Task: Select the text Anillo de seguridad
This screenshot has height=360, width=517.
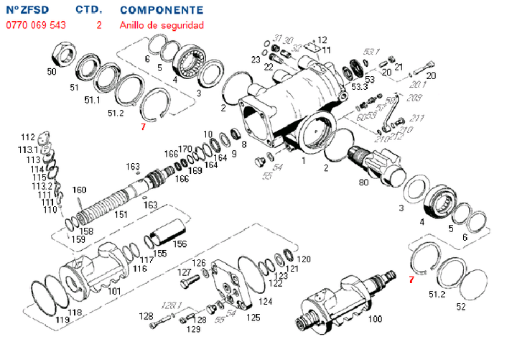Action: coord(162,24)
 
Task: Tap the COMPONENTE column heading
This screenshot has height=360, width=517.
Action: coord(162,10)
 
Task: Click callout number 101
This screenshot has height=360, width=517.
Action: coord(113,292)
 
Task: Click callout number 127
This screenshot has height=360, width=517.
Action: coord(185,273)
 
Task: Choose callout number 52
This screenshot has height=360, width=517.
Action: coord(461,307)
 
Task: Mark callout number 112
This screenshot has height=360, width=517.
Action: coord(27,137)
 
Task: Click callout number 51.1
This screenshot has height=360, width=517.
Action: coord(92,100)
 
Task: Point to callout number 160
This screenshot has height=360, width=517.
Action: coord(79,190)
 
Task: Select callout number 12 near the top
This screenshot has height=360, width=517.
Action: coord(322,40)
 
